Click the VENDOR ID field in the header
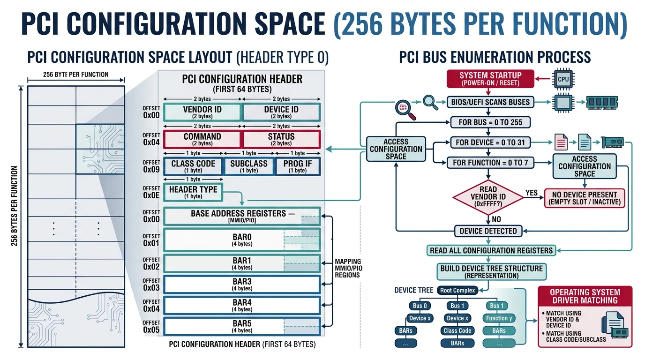pyautogui.click(x=202, y=112)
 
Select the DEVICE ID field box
pyautogui.click(x=281, y=112)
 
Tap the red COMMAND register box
pyautogui.click(x=202, y=139)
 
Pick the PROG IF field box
pyautogui.click(x=298, y=166)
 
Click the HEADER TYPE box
pyautogui.click(x=193, y=192)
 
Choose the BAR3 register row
pyautogui.click(x=242, y=284)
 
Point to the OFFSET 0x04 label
pyautogui.click(x=151, y=139)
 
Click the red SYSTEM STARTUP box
pyautogui.click(x=490, y=79)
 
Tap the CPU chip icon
pyautogui.click(x=563, y=79)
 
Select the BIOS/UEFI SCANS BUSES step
pyautogui.click(x=490, y=102)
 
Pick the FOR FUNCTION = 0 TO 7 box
pyautogui.click(x=490, y=163)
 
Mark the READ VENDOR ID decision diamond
pyautogui.click(x=488, y=197)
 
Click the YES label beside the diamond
pyautogui.click(x=532, y=193)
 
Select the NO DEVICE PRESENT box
pyautogui.click(x=585, y=198)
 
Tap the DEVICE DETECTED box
pyautogui.click(x=488, y=231)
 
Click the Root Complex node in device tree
pyautogui.click(x=457, y=290)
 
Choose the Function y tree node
pyautogui.click(x=499, y=318)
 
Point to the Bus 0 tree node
pyautogui.click(x=420, y=306)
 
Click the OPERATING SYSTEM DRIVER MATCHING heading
pyautogui.click(x=585, y=296)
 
